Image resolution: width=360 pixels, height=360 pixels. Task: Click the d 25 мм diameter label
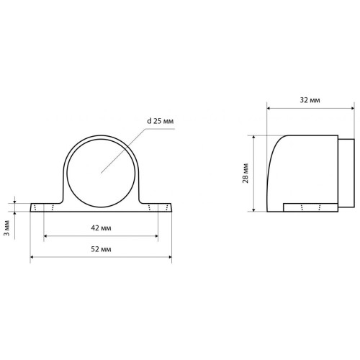tap(160, 121)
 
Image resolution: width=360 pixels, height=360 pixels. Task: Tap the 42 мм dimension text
tap(101, 228)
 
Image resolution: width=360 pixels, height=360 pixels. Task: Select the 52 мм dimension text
tap(101, 249)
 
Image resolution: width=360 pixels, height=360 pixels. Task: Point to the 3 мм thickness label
tap(7, 228)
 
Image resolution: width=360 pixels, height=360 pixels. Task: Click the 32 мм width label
tap(310, 100)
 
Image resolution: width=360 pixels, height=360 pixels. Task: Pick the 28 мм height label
tap(246, 174)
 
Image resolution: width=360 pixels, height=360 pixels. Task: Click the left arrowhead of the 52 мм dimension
tap(32, 257)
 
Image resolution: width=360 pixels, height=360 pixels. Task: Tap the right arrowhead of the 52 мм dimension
tap(170, 257)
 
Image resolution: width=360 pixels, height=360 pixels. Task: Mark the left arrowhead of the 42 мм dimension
tap(45, 236)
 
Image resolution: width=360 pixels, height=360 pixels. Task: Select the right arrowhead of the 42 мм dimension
tap(156, 236)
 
